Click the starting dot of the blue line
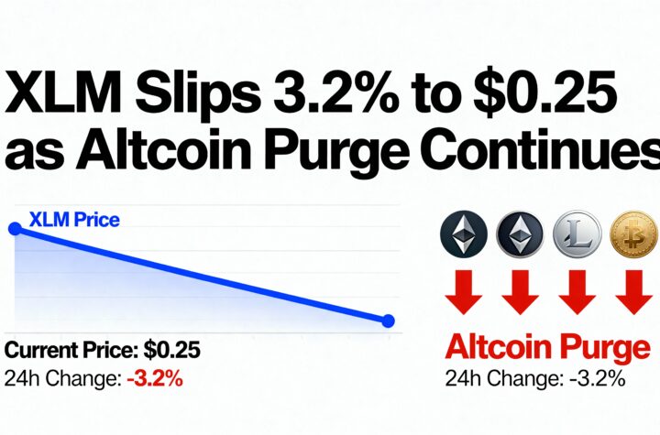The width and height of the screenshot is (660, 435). (x=15, y=228)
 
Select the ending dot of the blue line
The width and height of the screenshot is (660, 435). (x=388, y=321)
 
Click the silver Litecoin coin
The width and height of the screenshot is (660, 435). (x=578, y=234)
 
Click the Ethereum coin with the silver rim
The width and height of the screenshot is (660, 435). (x=520, y=234)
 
